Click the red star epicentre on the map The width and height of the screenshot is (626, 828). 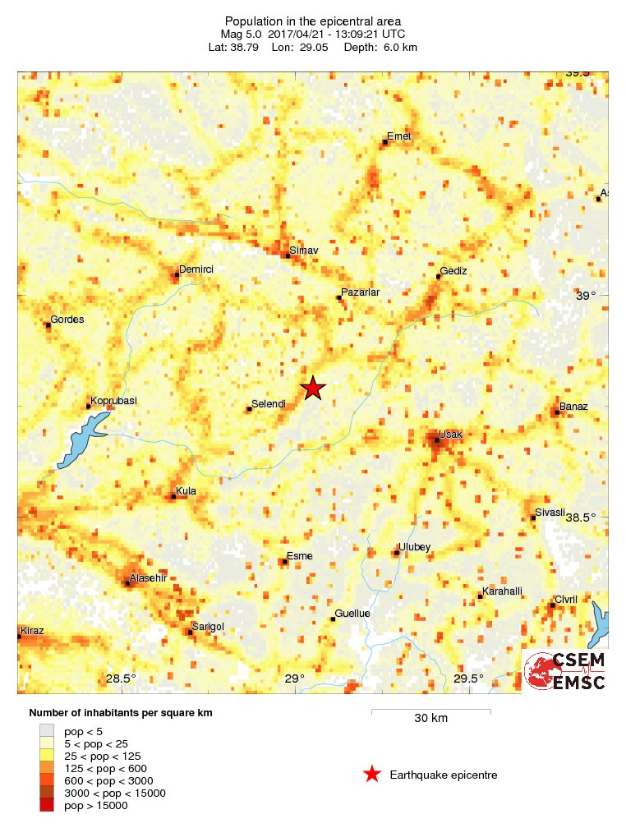(312, 389)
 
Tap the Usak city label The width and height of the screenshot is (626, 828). (450, 433)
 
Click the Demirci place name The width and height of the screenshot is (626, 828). (196, 269)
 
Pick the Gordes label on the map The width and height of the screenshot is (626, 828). (67, 320)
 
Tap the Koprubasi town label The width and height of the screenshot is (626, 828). (113, 400)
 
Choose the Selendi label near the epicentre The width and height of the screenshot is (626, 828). (268, 403)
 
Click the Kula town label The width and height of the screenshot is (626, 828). (186, 491)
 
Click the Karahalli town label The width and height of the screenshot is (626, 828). (502, 591)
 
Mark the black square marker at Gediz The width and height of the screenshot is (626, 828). (439, 277)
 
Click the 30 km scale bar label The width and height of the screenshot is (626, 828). (430, 719)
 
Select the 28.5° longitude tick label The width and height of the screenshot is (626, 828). (121, 678)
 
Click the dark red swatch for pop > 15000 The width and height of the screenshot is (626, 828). (46, 806)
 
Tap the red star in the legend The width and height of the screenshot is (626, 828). (372, 774)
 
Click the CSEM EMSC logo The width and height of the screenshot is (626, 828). (565, 671)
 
